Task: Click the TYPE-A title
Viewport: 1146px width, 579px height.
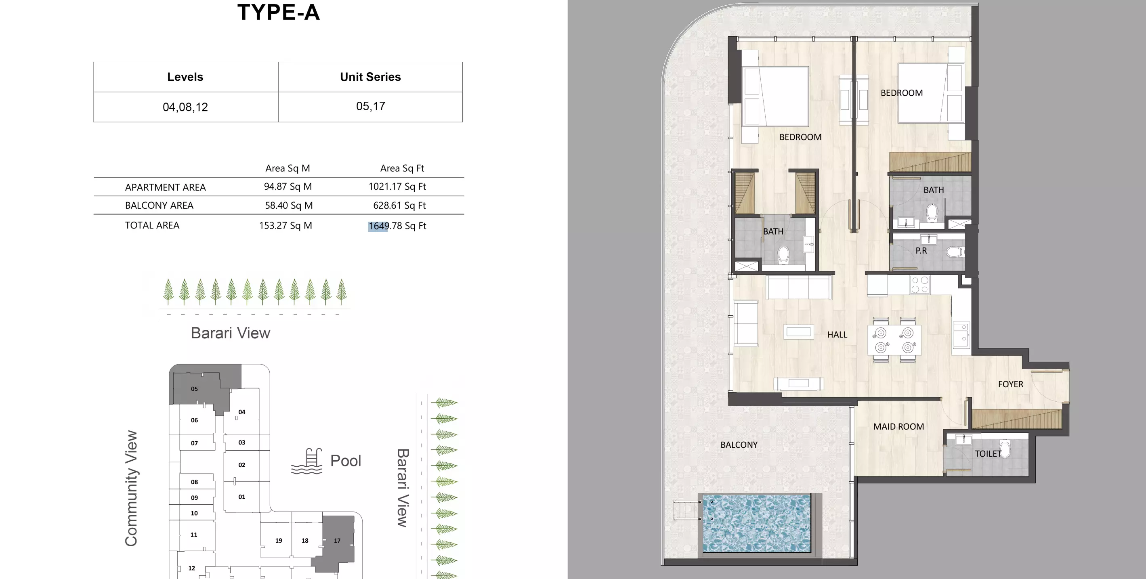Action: point(279,13)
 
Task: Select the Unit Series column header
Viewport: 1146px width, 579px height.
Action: point(370,77)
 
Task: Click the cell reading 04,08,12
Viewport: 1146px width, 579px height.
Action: point(185,107)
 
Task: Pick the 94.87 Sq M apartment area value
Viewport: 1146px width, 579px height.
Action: point(288,186)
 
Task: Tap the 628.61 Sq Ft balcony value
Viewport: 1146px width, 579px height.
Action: point(399,206)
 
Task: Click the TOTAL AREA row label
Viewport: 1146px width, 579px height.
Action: point(152,225)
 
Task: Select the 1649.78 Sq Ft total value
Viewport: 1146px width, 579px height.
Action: point(397,226)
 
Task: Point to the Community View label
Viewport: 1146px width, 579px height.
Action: point(131,488)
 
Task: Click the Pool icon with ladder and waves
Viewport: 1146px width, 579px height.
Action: point(307,461)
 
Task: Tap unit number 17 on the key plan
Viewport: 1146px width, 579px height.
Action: point(337,540)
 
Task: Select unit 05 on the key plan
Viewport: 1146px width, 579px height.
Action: point(194,389)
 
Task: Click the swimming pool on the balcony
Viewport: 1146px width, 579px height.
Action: point(756,523)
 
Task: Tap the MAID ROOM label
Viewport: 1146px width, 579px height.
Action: point(898,426)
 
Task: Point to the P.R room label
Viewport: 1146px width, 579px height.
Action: point(921,251)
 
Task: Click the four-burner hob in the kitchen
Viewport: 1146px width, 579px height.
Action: point(920,285)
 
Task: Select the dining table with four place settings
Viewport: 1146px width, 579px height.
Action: point(894,340)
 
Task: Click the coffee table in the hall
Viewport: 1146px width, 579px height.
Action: point(798,332)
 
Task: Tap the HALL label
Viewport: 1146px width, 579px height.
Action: point(837,335)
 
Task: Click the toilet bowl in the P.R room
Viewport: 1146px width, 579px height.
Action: point(955,252)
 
